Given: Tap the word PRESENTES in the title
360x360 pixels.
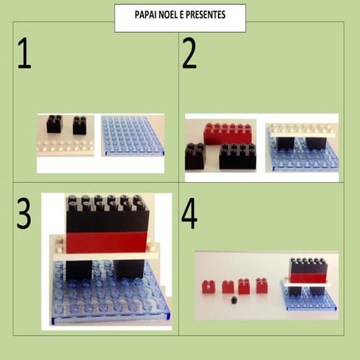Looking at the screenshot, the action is [205, 15].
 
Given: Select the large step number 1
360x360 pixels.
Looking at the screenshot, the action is [25, 53].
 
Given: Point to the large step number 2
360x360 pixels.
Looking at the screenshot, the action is [189, 53].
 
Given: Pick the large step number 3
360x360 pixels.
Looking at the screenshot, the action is [24, 213].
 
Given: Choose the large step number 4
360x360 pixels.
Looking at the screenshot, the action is [189, 213].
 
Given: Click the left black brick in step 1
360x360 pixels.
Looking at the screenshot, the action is [55, 124].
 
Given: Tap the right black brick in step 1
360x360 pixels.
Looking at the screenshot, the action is [79, 125].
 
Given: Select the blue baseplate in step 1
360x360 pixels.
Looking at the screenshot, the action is [133, 135].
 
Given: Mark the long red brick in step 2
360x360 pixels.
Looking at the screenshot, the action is [227, 134].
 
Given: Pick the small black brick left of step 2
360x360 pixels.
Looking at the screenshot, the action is [195, 157].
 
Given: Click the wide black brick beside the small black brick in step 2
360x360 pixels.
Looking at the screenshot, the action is [238, 157].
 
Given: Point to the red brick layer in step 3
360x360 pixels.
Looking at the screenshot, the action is [106, 242].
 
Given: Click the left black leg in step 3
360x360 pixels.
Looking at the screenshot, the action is [79, 270].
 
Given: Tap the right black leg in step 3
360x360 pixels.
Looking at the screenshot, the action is [130, 269].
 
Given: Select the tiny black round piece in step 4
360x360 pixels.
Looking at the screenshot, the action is [234, 300].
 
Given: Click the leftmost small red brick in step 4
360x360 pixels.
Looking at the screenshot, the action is [209, 287].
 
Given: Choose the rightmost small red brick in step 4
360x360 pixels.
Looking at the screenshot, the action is [262, 285].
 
